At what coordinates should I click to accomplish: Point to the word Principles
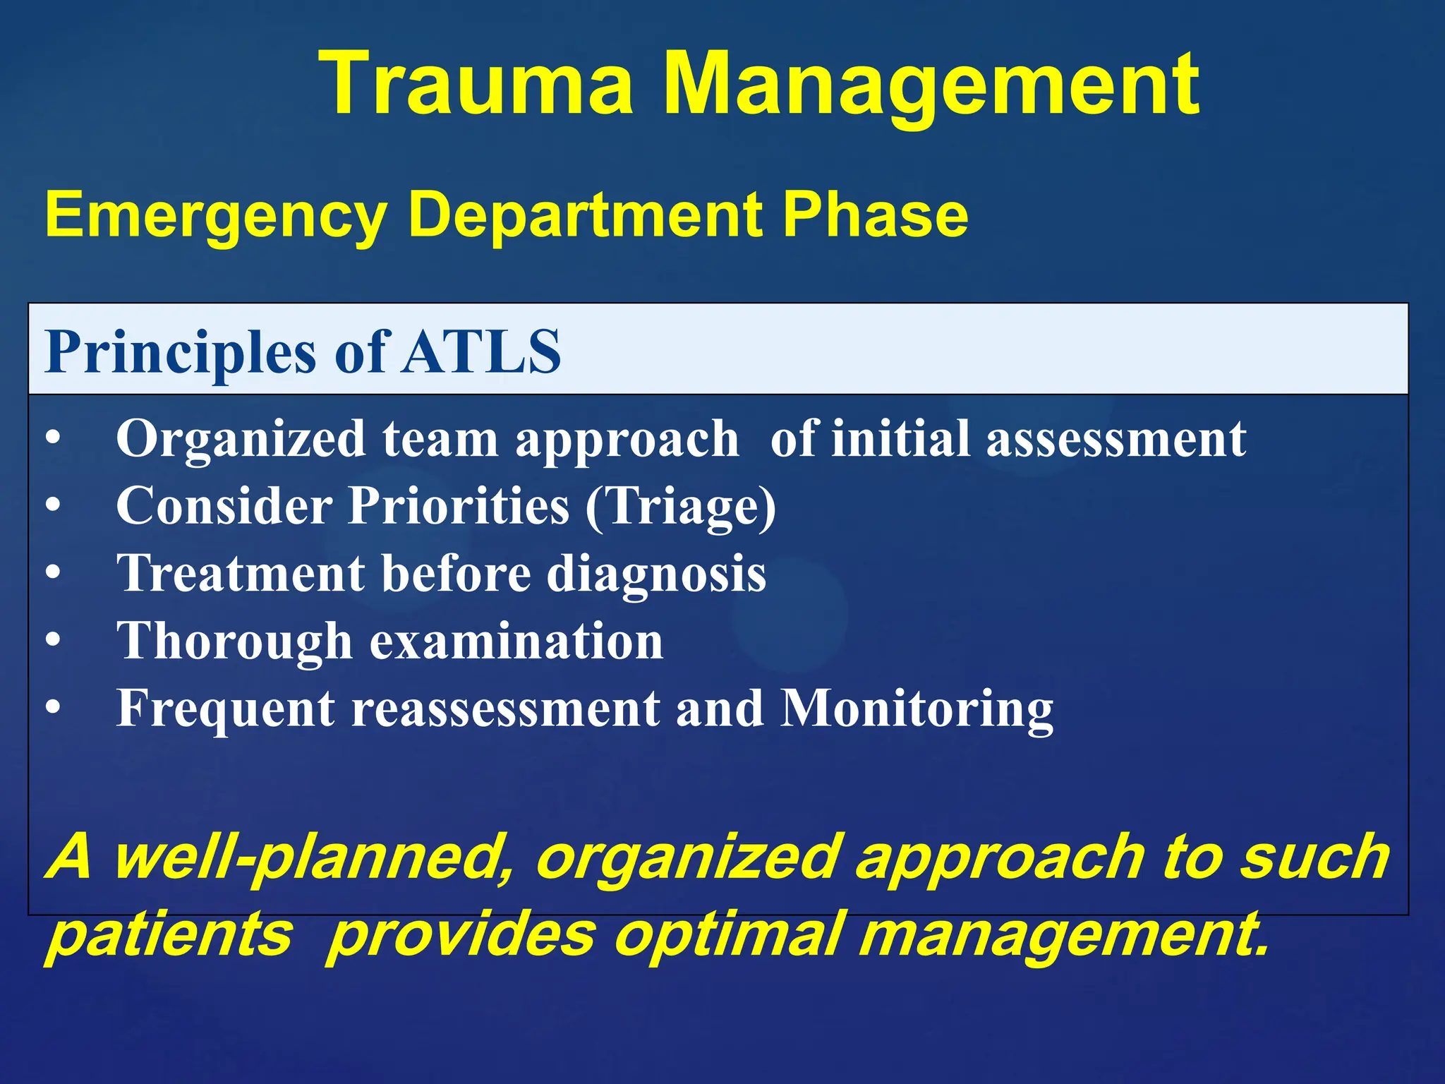click(x=180, y=353)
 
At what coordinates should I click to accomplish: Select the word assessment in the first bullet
click(x=1116, y=439)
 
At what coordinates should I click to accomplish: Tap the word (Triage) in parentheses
click(x=680, y=507)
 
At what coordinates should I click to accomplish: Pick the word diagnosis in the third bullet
click(x=656, y=573)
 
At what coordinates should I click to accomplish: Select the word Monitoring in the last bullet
click(x=917, y=709)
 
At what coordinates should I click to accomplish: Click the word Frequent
click(x=226, y=709)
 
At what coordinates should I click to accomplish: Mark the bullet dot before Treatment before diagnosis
click(x=53, y=573)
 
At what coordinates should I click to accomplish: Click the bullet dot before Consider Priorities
click(x=53, y=506)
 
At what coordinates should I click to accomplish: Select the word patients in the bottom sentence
click(x=169, y=935)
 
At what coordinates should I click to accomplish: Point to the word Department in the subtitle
click(x=586, y=216)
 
